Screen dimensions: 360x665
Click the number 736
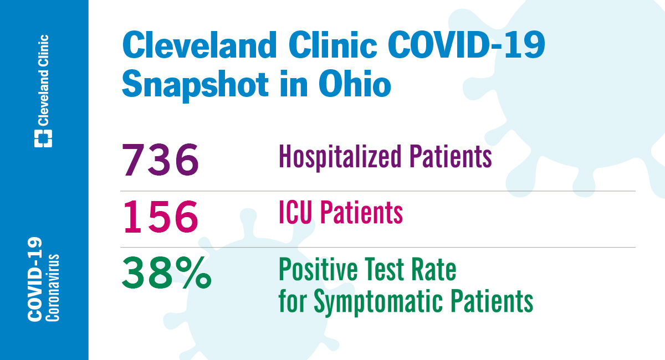coord(160,160)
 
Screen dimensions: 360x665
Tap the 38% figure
coord(166,272)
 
